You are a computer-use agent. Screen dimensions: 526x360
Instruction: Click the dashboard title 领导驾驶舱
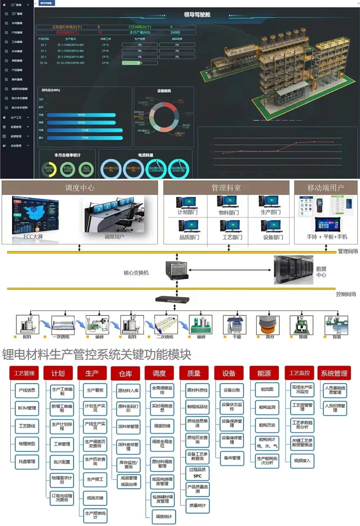click(x=197, y=15)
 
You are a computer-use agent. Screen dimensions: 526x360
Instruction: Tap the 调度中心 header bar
click(x=80, y=188)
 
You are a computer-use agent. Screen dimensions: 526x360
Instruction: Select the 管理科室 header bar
click(x=226, y=188)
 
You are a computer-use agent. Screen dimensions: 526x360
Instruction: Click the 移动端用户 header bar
click(x=325, y=188)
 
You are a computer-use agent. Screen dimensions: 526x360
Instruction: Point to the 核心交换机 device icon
click(x=177, y=270)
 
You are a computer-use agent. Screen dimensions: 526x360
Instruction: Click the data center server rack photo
click(x=293, y=270)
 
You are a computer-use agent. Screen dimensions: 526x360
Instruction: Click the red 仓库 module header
click(x=125, y=374)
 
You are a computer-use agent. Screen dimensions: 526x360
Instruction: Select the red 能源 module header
click(x=264, y=373)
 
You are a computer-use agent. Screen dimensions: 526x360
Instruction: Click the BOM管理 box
click(x=27, y=408)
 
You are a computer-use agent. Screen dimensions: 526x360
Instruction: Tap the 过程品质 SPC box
click(x=197, y=473)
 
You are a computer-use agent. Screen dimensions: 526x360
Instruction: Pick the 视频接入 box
click(x=302, y=461)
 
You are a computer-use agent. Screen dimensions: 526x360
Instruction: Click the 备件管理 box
click(x=232, y=458)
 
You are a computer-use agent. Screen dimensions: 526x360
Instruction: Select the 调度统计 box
click(x=164, y=517)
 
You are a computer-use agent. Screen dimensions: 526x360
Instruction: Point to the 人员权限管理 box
click(x=335, y=408)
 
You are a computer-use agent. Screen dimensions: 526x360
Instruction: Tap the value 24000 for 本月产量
click(x=175, y=33)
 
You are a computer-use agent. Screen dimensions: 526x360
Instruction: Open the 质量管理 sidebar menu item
click(x=16, y=127)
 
